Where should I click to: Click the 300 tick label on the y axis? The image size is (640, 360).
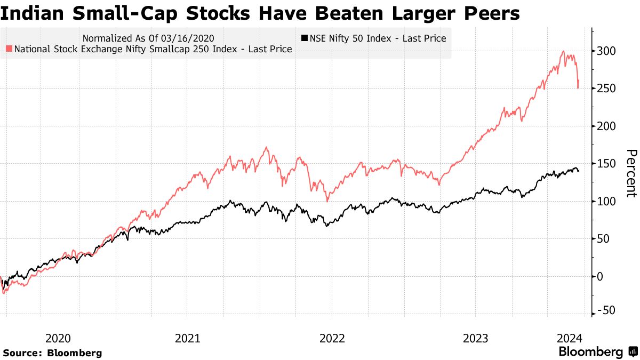tap(606, 51)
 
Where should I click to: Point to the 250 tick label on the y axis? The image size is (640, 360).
tap(606, 89)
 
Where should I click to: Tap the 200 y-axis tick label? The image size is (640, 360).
tap(606, 126)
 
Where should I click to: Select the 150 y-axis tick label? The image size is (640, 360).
tap(606, 164)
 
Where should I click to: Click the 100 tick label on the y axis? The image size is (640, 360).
tap(606, 202)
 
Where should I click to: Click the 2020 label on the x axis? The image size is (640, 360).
tap(58, 338)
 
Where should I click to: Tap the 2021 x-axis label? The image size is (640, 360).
tap(187, 338)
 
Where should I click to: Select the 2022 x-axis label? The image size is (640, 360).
tap(331, 338)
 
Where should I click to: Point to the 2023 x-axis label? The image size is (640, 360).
tap(475, 338)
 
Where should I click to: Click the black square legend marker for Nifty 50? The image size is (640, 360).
tap(305, 38)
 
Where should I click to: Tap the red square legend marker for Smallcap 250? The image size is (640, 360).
tap(9, 49)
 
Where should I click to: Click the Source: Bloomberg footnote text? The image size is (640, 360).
tap(52, 353)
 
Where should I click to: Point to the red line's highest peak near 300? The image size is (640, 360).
tap(564, 51)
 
